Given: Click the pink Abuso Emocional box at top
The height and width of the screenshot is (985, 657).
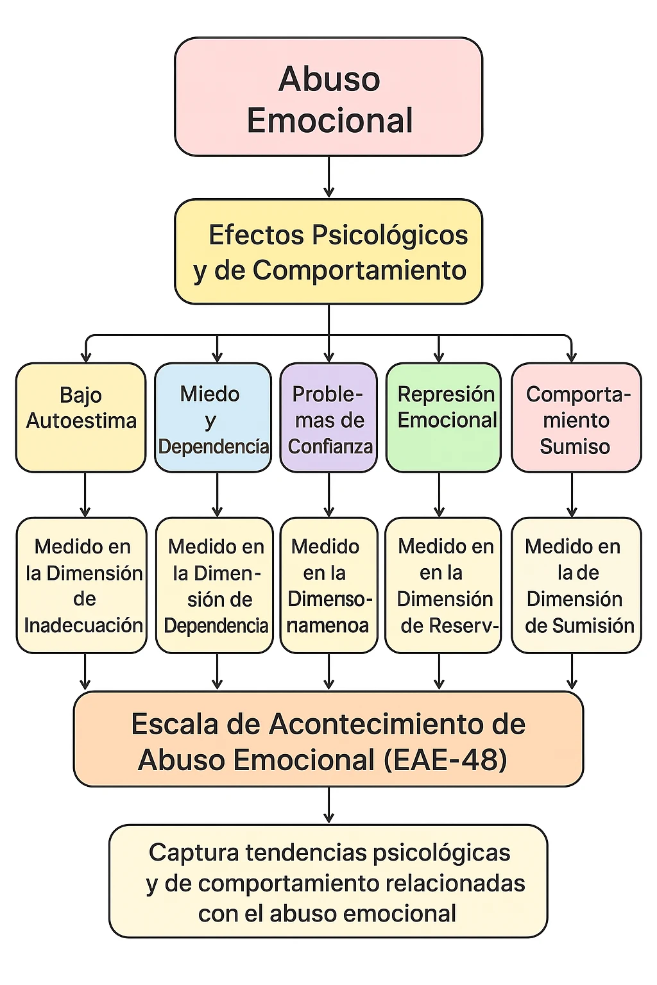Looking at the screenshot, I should point(328,97).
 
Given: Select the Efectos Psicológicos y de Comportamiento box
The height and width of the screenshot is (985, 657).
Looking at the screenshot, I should point(328,251).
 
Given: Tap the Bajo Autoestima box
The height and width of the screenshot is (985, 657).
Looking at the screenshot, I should point(81,417).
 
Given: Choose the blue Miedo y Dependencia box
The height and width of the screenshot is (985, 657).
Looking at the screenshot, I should point(213,417).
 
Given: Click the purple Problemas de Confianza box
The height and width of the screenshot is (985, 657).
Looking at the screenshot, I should point(329,417).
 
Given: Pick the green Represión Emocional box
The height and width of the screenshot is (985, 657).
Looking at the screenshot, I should point(443,417).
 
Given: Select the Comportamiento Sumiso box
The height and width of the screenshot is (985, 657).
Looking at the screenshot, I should point(576,417).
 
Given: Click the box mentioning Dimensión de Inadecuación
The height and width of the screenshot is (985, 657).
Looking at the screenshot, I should point(81,585).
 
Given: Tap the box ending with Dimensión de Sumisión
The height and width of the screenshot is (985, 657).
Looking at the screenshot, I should point(576,585).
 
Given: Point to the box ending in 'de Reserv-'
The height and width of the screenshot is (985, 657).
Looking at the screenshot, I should point(443,585).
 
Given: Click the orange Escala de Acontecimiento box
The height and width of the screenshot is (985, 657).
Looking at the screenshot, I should point(328,739).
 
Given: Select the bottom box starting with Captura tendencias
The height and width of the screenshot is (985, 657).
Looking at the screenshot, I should point(328,882).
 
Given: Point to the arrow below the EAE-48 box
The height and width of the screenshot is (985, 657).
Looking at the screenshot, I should point(329,805).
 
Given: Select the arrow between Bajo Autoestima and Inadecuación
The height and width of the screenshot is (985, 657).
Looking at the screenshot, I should point(85,494).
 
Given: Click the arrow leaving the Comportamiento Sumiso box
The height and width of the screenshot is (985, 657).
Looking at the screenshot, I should point(572,494).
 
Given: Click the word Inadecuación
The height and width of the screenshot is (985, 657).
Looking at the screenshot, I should point(83,625).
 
